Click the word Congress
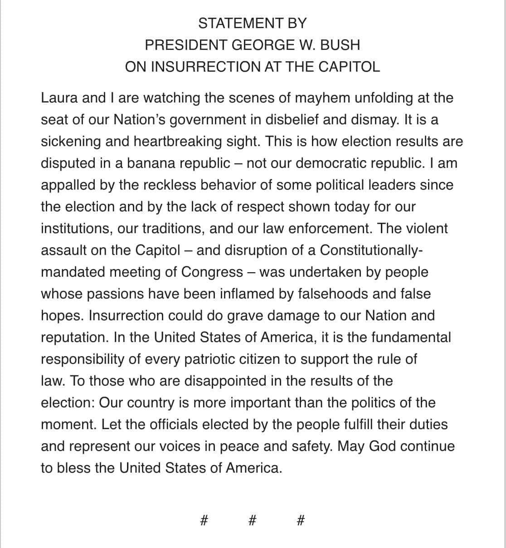coord(212,272)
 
